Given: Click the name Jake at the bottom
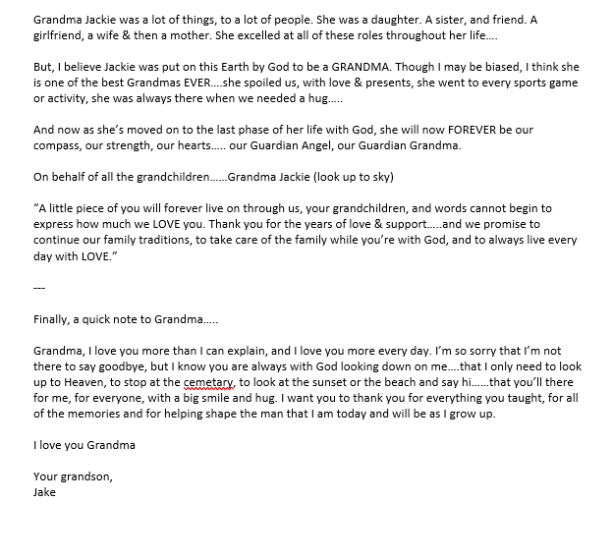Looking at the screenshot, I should [x=44, y=492].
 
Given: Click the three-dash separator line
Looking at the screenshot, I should [x=39, y=288].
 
